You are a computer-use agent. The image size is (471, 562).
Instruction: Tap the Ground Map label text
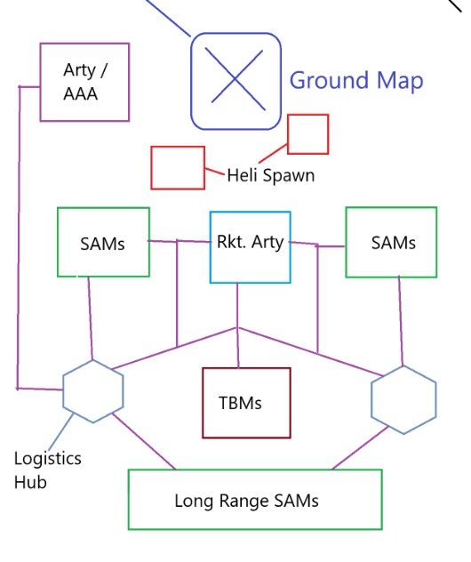[x=356, y=80]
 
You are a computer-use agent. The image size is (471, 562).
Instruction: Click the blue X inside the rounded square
[x=235, y=79]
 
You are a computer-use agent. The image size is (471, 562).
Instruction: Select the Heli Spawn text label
[x=271, y=176]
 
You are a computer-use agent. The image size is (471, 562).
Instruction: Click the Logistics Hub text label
[x=48, y=470]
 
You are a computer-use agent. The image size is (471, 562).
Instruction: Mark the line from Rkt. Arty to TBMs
[x=237, y=325]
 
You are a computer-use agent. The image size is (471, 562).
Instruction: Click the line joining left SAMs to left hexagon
[x=91, y=318]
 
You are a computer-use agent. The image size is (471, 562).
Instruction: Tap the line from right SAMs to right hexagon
[x=401, y=321]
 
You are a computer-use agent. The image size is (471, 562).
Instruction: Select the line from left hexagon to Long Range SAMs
[x=144, y=442]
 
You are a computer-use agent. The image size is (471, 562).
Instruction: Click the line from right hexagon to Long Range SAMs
[x=360, y=447]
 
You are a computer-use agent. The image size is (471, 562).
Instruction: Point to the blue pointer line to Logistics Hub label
[x=61, y=431]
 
